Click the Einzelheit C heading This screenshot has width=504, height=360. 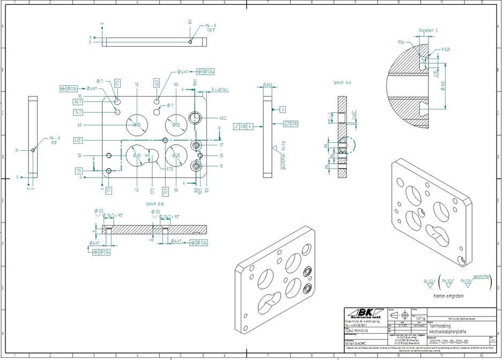428,31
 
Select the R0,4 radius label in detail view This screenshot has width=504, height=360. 401,42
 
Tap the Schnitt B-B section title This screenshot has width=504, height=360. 155,204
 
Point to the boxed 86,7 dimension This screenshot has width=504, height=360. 78,101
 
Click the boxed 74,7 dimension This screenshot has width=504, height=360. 78,112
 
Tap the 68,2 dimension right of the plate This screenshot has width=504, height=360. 223,117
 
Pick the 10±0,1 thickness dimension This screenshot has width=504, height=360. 268,85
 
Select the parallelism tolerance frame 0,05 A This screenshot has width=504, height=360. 244,127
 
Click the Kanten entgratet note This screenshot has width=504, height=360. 448,296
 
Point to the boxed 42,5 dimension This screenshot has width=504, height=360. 78,140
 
